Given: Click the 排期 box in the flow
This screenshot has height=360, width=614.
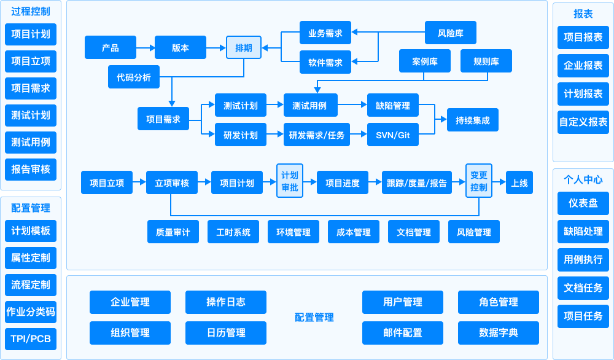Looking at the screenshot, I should tap(244, 47).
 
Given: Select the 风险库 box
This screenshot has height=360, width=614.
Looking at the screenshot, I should tap(451, 33).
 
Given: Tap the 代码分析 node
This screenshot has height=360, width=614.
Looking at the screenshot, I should tap(133, 77).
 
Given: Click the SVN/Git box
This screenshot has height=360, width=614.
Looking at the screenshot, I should tap(392, 135).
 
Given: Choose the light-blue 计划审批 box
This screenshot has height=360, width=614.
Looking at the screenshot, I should tap(290, 181).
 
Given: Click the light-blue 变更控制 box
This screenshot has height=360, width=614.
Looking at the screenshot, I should tap(479, 181).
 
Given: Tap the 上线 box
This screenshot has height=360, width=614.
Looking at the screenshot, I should tap(519, 182).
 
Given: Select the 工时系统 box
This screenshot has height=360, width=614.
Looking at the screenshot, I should tap(233, 232).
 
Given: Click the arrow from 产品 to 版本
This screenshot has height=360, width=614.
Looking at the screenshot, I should tap(146, 47).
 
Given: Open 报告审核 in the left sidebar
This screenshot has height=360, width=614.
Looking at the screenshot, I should tap(31, 169).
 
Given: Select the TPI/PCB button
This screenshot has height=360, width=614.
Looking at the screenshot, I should tap(31, 338).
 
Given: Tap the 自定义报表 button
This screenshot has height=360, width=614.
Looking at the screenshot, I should tap(583, 122).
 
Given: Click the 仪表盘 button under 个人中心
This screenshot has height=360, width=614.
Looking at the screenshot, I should tap(583, 203).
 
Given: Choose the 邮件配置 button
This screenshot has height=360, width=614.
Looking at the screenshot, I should tap(403, 332).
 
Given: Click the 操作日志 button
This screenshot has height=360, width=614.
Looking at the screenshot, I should tap(226, 302).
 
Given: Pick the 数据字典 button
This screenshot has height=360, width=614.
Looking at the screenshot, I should tap(499, 332).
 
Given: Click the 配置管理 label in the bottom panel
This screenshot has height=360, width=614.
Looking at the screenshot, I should tap(314, 317).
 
